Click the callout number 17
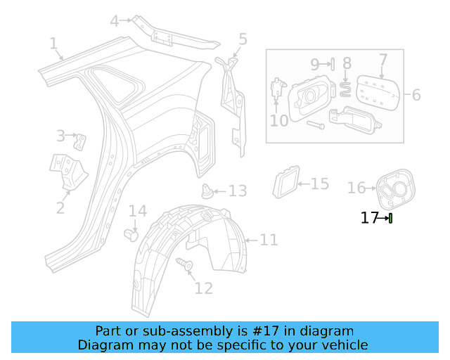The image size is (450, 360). [369, 218]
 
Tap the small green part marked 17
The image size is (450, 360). [390, 218]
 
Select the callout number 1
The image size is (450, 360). [53, 44]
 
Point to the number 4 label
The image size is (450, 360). [115, 21]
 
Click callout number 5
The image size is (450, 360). [243, 39]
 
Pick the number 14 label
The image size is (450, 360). [137, 210]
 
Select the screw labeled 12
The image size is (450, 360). [188, 265]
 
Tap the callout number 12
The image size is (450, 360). [203, 288]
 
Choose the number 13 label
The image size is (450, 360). [238, 191]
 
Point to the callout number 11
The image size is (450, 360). [269, 240]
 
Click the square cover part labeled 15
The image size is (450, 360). [285, 184]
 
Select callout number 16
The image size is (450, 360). [356, 187]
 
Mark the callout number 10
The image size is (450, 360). [279, 120]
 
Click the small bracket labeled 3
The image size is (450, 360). [81, 141]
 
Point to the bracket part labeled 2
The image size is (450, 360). [67, 172]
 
